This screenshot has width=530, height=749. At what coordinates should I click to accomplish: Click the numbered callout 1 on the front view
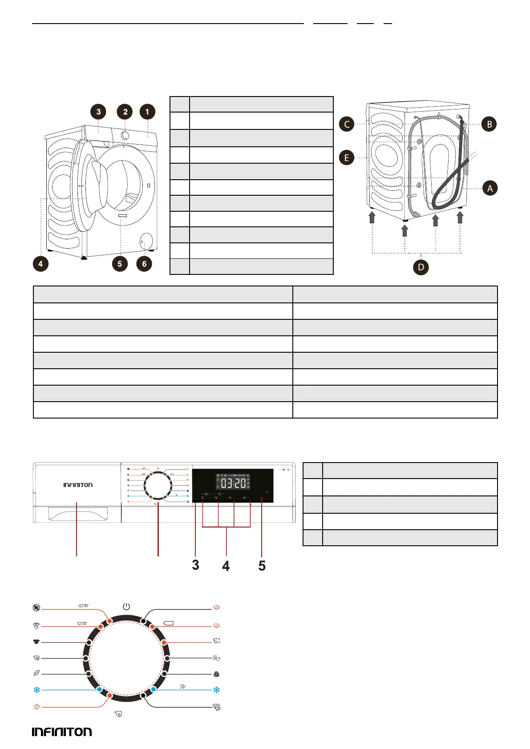(147, 112)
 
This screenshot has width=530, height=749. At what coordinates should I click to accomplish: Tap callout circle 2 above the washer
(125, 112)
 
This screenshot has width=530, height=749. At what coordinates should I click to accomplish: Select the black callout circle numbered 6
(144, 264)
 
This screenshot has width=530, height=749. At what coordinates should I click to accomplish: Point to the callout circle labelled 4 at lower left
(40, 264)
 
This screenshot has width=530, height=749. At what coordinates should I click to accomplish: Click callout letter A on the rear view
(490, 188)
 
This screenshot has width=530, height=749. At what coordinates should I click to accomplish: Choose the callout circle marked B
(489, 124)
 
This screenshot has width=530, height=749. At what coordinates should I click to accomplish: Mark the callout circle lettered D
(421, 267)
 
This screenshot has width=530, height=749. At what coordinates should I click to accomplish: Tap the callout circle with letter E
(347, 157)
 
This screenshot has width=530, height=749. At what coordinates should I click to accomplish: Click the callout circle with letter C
(347, 124)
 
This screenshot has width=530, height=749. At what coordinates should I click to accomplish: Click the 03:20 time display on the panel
(233, 483)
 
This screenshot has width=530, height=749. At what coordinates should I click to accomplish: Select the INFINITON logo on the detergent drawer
(78, 485)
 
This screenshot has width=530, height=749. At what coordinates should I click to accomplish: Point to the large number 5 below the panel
(262, 566)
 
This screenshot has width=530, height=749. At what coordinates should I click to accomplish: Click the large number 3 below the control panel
(195, 565)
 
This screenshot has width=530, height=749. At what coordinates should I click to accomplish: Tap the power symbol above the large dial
(126, 607)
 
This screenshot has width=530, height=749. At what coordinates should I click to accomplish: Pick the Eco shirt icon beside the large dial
(217, 641)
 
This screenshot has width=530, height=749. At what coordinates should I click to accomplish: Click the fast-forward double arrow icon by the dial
(182, 687)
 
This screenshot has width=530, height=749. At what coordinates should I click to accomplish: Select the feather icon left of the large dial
(36, 674)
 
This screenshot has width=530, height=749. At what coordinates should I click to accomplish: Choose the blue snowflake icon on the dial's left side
(36, 690)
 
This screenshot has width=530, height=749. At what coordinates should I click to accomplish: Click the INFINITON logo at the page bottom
(62, 732)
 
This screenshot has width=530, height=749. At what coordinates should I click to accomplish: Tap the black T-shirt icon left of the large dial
(36, 642)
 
